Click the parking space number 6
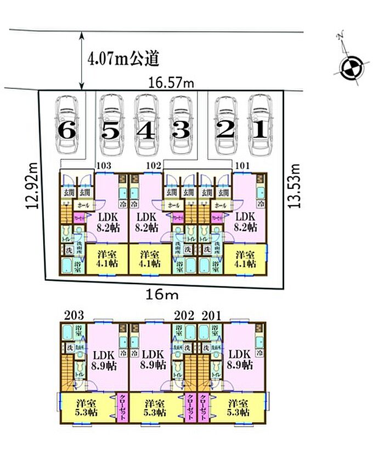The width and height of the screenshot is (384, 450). point(67,130)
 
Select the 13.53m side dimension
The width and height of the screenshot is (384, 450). point(297,185)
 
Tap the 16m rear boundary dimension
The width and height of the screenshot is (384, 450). point(162,295)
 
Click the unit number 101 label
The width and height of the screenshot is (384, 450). point(242,165)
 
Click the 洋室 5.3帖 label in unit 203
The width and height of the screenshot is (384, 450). point(86,408)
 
